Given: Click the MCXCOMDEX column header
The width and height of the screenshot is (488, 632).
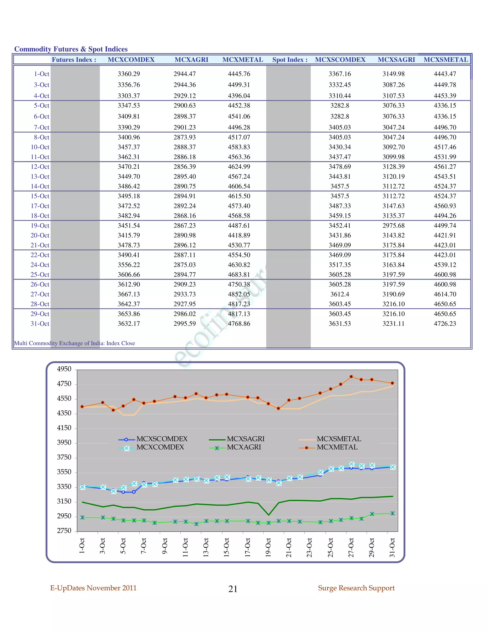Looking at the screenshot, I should (131, 60).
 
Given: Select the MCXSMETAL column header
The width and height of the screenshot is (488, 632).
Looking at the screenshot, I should (446, 60).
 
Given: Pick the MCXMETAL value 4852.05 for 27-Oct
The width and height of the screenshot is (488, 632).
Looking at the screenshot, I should (239, 294).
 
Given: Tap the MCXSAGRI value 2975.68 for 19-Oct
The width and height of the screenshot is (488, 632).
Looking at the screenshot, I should (393, 225).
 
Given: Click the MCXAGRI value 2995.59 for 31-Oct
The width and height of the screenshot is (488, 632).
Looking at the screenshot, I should (184, 324).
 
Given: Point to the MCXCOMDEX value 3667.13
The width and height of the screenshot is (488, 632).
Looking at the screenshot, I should (129, 294).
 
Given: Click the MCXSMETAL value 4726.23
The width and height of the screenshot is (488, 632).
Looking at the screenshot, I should (445, 324).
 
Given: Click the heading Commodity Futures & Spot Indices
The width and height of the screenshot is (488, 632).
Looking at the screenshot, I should (71, 49).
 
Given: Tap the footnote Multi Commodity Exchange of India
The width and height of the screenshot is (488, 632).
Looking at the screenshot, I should (74, 343).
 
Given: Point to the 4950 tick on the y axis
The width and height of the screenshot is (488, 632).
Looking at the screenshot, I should (64, 369).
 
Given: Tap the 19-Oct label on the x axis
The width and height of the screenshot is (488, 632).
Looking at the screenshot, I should (268, 547).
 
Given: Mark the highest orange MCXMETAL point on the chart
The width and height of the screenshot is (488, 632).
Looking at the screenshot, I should (351, 377).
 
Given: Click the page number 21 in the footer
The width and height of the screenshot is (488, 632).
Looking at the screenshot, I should (233, 589).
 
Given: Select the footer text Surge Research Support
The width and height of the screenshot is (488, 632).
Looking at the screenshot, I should (356, 588).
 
